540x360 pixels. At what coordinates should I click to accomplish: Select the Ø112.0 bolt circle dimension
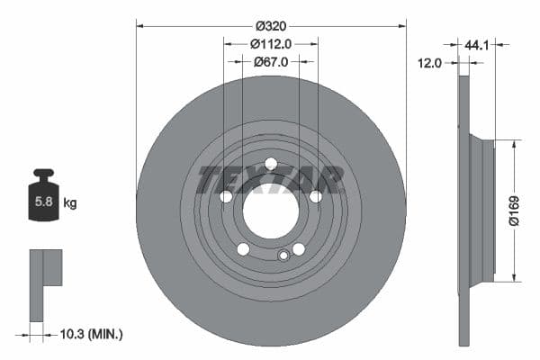tap(270, 42)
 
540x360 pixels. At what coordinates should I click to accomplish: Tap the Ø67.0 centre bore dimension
tap(270, 61)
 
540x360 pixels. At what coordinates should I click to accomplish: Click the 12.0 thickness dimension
tap(431, 63)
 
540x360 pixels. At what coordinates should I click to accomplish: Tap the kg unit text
tap(70, 203)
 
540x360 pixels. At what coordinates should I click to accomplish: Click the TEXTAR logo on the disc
tap(270, 180)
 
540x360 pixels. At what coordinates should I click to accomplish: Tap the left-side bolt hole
tap(226, 197)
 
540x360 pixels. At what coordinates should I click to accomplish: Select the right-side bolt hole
tap(315, 197)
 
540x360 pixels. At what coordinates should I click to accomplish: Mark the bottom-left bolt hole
tap(243, 249)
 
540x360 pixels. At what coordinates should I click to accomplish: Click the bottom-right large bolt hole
tap(298, 249)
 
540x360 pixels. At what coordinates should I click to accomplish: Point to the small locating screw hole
tap(283, 256)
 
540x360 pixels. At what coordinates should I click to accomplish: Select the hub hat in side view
tap(482, 210)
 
